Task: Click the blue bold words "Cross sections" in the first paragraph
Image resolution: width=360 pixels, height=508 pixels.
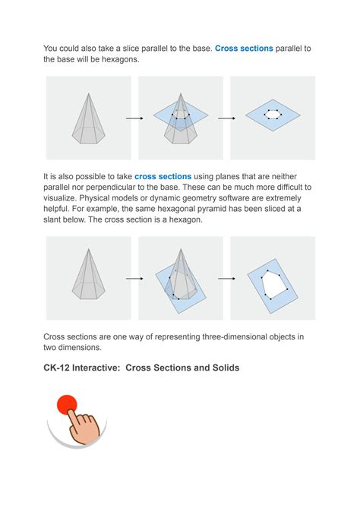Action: tap(244, 49)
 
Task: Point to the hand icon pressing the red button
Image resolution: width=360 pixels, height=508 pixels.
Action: tap(83, 426)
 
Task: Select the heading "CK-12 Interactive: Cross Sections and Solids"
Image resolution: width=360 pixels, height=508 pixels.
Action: tap(141, 368)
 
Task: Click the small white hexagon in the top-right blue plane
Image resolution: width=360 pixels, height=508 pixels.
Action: tap(273, 115)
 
